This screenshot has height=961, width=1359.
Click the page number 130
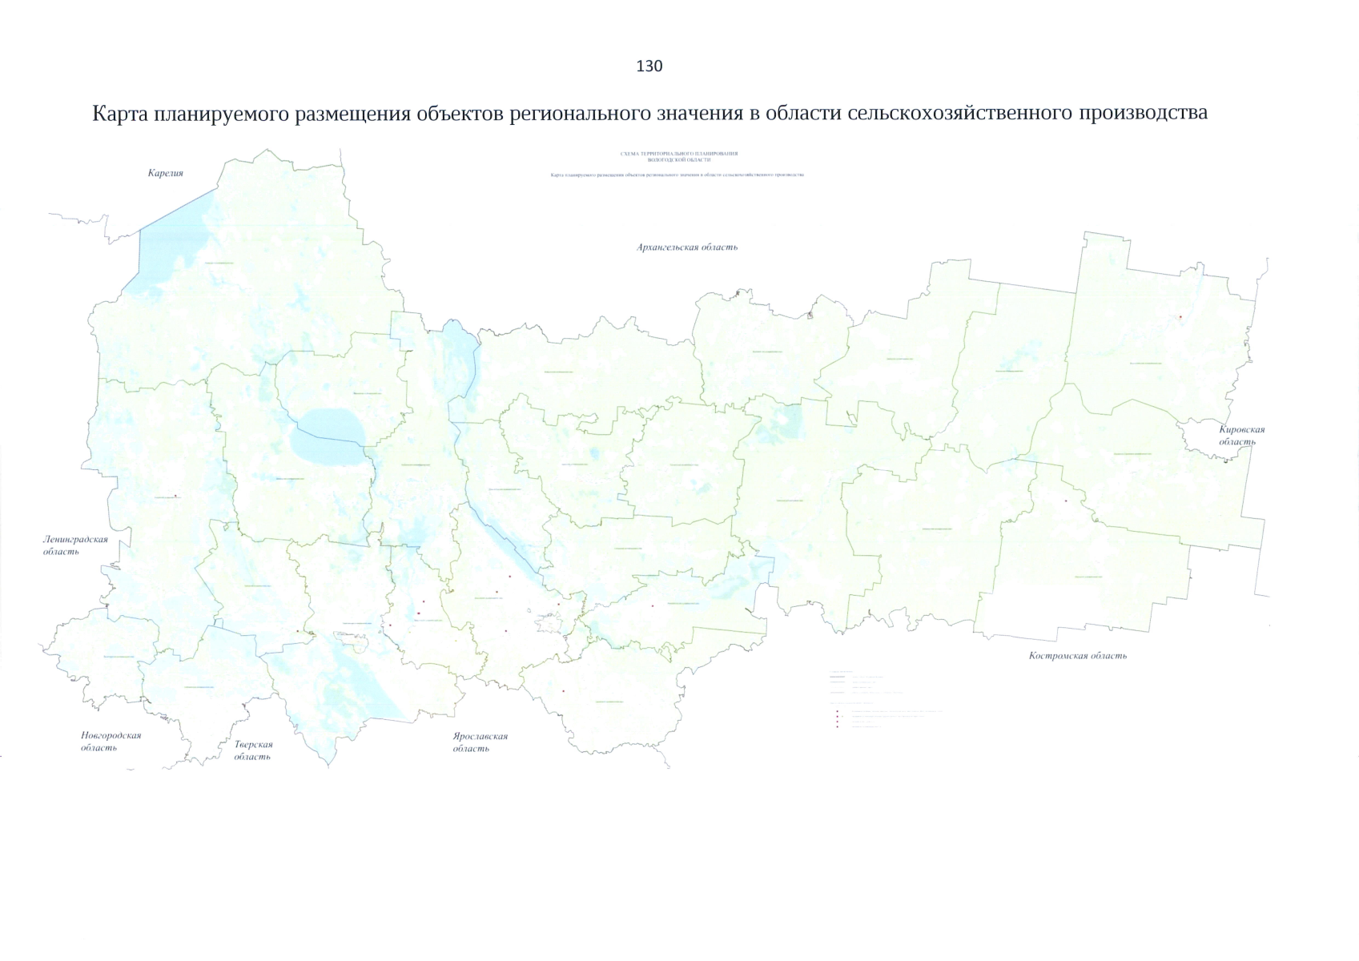649,66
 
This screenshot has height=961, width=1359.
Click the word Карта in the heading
121,114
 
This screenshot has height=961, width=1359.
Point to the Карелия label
166,173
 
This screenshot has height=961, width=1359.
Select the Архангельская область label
687,247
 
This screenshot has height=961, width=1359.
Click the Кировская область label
1242,436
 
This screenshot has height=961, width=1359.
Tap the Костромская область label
1078,656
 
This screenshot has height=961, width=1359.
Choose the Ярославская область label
480,742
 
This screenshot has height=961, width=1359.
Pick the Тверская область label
253,750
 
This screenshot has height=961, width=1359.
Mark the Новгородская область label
111,742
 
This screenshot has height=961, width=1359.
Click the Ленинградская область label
75,545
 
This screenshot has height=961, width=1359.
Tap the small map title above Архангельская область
678,156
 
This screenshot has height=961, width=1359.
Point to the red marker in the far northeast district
1180,317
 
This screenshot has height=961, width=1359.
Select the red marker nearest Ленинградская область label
175,497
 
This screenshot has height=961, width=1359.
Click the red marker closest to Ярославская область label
564,691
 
